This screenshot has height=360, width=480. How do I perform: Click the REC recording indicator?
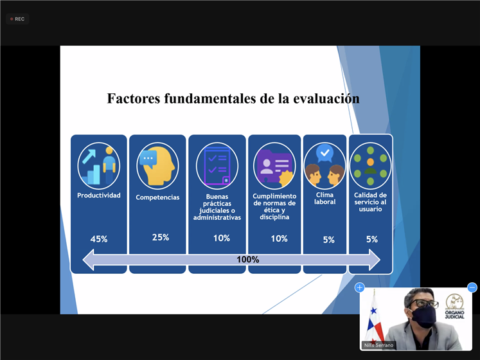coord(17,19)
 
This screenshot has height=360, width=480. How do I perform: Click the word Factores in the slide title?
coord(134,98)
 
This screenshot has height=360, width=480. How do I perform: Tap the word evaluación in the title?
coord(326,98)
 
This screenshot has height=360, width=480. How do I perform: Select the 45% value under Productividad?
coord(99,239)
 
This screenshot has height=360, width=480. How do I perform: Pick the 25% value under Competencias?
coord(161,237)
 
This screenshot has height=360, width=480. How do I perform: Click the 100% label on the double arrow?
coord(248,260)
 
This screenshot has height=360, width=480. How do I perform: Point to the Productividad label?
coord(99,195)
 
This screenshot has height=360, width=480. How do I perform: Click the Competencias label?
coord(157,197)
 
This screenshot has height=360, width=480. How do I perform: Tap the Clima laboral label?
coord(324,198)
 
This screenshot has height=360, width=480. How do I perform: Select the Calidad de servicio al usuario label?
coord(370,202)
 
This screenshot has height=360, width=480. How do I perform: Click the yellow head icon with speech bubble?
coord(157,166)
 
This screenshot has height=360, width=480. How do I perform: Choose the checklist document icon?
coord(217,166)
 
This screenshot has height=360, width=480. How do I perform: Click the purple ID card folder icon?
coord(274,166)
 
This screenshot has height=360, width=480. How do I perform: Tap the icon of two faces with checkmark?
coord(324,166)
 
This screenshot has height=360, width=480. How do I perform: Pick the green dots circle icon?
coord(370,166)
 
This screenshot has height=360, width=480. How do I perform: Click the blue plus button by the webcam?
coord(360,288)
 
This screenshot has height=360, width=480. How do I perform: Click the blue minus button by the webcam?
coord(472,288)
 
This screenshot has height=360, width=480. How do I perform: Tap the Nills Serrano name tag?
coord(378,345)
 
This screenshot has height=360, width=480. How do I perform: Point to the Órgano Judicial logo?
coord(454,306)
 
